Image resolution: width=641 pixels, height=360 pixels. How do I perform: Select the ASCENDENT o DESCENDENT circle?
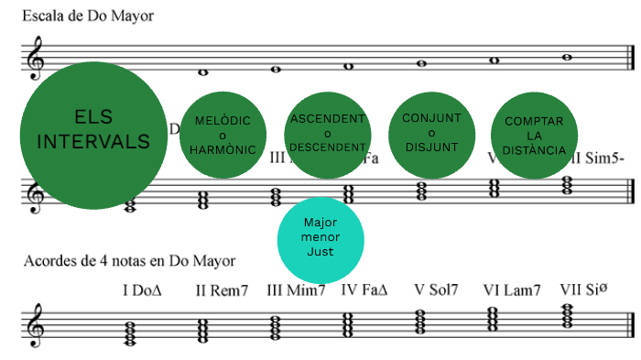328,135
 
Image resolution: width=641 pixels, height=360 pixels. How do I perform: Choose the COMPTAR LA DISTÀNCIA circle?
534,135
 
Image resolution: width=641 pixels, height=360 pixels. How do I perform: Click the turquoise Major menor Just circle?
321,237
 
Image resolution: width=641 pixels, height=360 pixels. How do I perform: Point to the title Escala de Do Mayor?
89,16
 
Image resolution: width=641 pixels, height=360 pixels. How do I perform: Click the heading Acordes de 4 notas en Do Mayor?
129,261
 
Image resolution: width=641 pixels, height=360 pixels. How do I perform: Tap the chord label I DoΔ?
142,290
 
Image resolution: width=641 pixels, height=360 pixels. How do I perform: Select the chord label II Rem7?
222,290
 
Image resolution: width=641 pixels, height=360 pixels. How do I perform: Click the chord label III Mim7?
296,290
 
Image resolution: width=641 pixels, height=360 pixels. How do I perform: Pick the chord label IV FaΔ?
364,290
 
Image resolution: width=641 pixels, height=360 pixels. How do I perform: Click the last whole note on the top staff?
567,57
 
